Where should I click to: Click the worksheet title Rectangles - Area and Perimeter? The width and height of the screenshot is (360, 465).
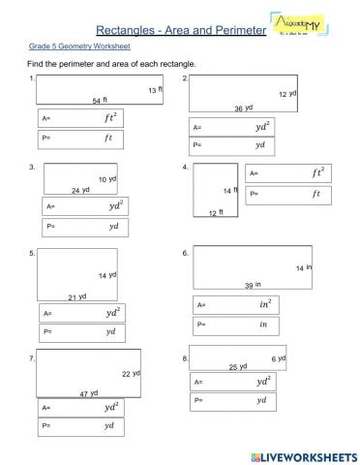pyautogui.click(x=181, y=31)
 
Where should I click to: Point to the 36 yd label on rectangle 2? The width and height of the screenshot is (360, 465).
pyautogui.click(x=243, y=108)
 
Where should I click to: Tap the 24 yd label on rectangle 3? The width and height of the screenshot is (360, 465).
pyautogui.click(x=80, y=190)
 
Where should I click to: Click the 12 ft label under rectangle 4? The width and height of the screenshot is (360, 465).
pyautogui.click(x=216, y=212)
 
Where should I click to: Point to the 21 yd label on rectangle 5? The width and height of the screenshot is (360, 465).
pyautogui.click(x=77, y=296)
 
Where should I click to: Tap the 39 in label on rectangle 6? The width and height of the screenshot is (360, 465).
pyautogui.click(x=253, y=285)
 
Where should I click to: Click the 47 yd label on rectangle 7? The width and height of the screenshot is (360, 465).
pyautogui.click(x=89, y=393)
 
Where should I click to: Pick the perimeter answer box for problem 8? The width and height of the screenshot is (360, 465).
pyautogui.click(x=233, y=400)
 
